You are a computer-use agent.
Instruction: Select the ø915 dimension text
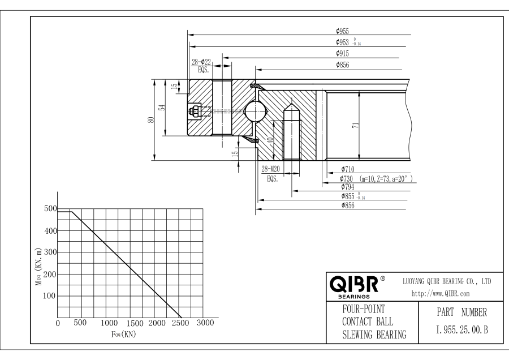[342, 53]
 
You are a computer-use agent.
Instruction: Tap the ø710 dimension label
[348, 169]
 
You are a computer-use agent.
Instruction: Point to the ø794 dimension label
[348, 186]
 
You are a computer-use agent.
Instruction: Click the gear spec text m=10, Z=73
[385, 178]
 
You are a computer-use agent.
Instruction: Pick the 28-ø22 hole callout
[201, 62]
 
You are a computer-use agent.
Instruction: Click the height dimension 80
[151, 120]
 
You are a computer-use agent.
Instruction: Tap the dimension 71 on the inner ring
[356, 126]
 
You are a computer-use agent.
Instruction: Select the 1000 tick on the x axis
[109, 323]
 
